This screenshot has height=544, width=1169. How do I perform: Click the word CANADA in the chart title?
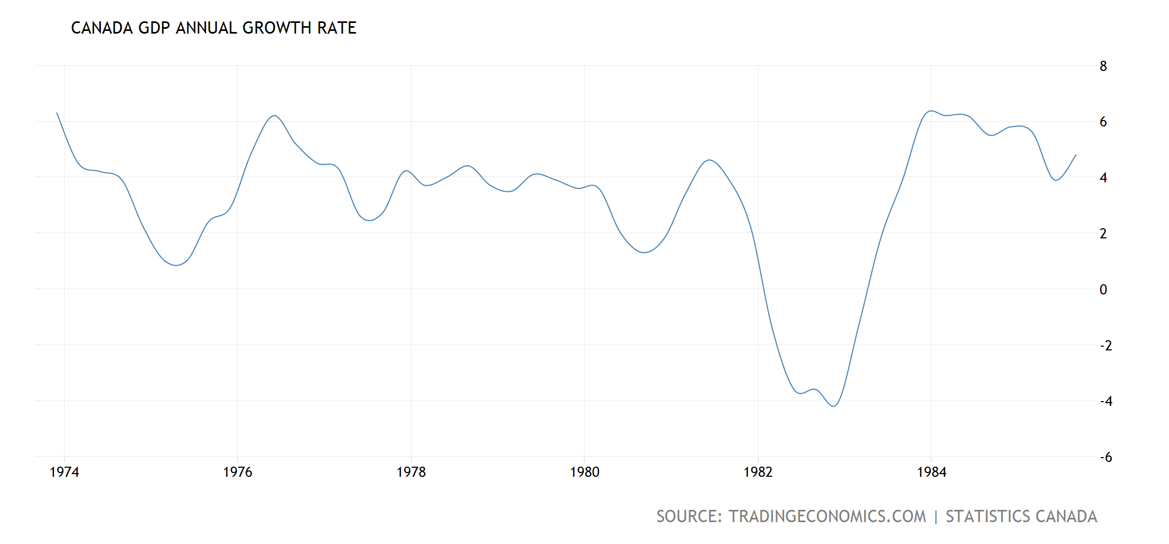(x=101, y=28)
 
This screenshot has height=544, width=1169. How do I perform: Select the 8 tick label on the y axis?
(x=1103, y=67)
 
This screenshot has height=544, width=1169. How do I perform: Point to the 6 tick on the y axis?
(x=1103, y=122)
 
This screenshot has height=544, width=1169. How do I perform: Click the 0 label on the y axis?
(x=1103, y=290)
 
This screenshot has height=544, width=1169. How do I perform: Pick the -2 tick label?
(x=1105, y=346)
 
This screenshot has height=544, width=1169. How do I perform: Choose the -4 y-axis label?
(x=1105, y=401)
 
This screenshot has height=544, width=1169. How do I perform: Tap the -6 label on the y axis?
(x=1105, y=457)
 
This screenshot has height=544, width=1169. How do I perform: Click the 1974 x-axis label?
(x=64, y=472)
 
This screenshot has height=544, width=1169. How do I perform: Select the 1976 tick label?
(x=238, y=472)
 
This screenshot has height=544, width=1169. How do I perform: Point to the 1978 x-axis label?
(x=411, y=472)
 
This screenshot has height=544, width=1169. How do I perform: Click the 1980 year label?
(x=584, y=472)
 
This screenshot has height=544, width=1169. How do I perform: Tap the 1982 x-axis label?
(x=758, y=472)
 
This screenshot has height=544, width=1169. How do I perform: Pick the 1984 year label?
(x=931, y=472)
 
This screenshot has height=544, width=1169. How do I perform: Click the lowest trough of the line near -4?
(x=834, y=406)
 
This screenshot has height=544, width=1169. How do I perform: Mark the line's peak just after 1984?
(x=931, y=111)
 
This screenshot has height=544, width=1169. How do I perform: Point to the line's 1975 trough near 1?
(x=176, y=265)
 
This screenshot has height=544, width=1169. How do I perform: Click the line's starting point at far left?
(x=57, y=113)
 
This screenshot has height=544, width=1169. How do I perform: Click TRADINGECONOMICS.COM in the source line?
(x=827, y=516)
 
